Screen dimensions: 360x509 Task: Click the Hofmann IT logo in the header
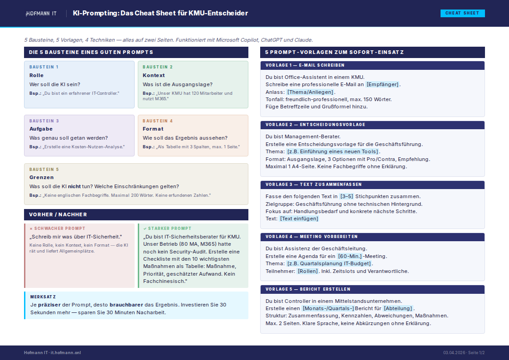tap(41, 14)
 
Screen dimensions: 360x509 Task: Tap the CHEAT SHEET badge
tap(462, 13)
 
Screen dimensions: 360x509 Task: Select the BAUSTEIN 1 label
tap(44, 67)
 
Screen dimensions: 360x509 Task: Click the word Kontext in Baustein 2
tap(154, 75)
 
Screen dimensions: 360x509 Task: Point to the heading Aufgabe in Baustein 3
tap(41, 129)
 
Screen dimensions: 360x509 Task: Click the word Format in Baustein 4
tap(153, 129)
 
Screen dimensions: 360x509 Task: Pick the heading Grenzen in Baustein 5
tap(42, 177)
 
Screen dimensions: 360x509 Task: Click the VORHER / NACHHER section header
tap(58, 214)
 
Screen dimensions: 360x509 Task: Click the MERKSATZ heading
tap(43, 297)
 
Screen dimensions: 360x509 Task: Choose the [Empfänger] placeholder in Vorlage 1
tap(383, 84)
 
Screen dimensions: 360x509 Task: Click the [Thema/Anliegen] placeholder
tap(310, 92)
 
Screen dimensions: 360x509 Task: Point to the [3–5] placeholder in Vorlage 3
tap(346, 196)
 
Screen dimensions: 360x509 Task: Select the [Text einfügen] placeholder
tap(299, 219)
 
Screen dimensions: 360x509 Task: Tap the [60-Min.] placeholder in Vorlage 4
tap(349, 256)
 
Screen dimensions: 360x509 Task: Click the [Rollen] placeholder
tap(308, 271)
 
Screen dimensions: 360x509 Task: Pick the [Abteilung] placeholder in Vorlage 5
tap(398, 308)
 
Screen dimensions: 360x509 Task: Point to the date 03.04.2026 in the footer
tap(454, 353)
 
